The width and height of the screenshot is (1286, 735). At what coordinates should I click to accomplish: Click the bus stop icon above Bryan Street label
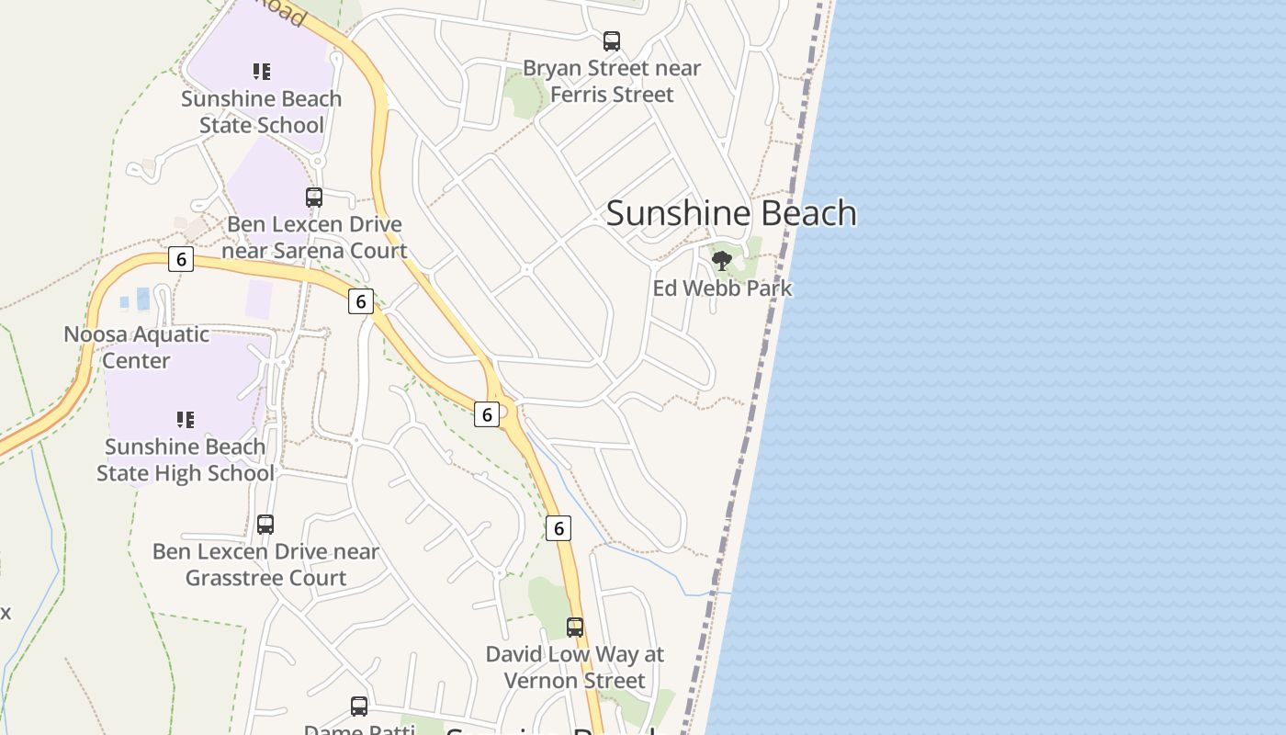(612, 41)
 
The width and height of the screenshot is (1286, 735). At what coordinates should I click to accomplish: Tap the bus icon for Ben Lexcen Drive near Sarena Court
(314, 198)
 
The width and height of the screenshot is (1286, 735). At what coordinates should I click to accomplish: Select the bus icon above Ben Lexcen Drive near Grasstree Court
(265, 525)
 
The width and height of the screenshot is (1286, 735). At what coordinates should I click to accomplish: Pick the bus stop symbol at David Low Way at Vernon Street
(575, 628)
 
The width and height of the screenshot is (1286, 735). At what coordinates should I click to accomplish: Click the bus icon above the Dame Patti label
(359, 707)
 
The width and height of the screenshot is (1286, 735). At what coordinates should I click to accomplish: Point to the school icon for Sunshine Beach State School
(262, 72)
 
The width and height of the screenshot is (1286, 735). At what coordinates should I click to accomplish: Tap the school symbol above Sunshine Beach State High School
(186, 420)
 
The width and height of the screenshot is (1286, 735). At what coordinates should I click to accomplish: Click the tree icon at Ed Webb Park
(722, 261)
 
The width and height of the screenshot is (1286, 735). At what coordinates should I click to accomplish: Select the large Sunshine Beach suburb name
(731, 213)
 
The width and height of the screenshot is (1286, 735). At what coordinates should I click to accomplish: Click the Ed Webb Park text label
(722, 288)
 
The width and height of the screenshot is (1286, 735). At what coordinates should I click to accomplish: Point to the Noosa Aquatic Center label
(136, 347)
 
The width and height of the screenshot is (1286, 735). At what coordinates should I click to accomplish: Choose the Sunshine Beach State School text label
(262, 112)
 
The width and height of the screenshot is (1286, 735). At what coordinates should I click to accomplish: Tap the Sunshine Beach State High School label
(186, 460)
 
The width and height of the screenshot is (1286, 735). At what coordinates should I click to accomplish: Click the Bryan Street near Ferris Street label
(612, 82)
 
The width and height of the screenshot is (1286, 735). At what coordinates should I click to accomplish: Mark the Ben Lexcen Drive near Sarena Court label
(314, 238)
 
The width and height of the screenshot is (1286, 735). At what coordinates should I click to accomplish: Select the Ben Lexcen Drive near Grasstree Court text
(265, 565)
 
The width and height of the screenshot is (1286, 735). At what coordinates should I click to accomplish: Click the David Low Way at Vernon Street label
(575, 668)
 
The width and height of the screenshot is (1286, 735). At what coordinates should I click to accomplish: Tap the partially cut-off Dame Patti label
(359, 729)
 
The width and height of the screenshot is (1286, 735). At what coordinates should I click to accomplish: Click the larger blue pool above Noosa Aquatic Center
(142, 299)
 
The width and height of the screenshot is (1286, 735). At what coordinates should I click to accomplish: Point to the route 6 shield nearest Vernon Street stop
(558, 528)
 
